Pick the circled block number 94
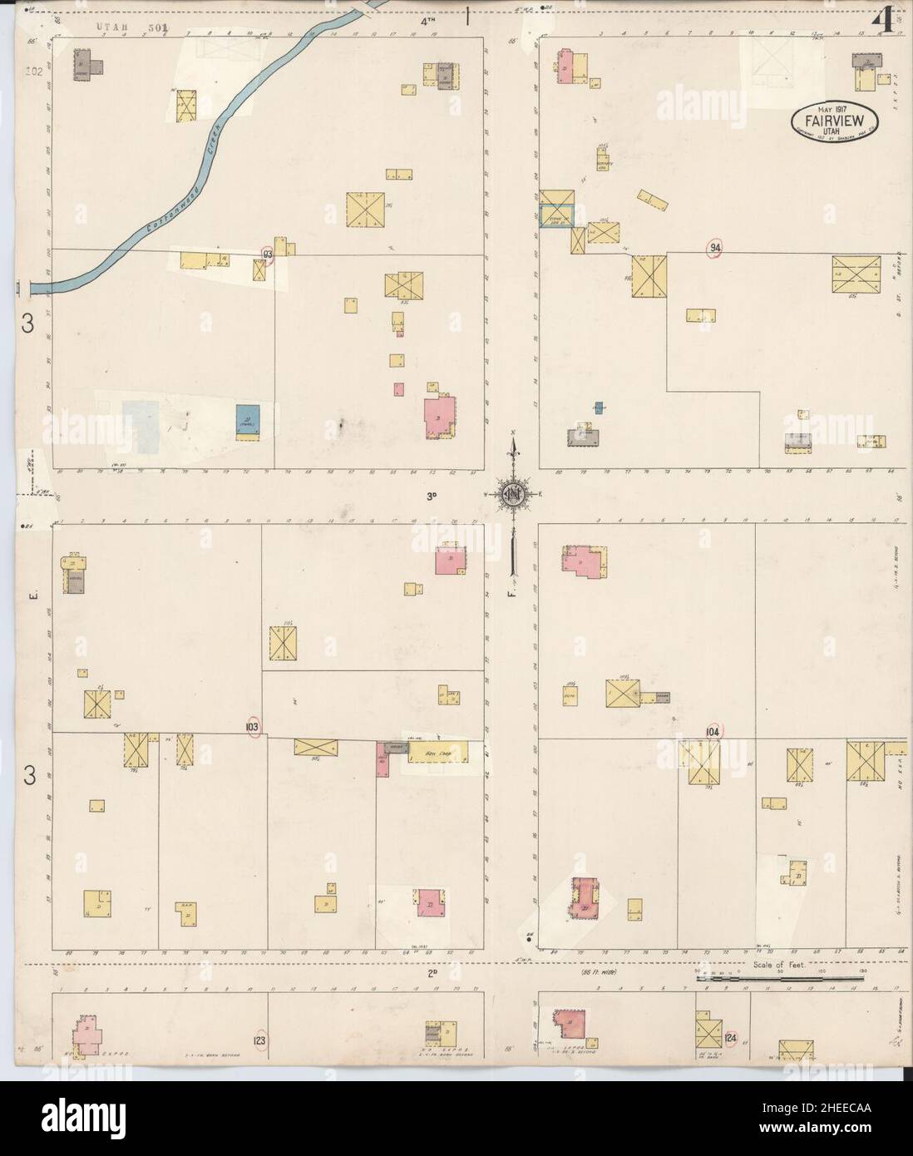tap(715, 247)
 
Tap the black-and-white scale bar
tap(779, 980)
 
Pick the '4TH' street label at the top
tap(428, 22)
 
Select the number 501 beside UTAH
tap(155, 27)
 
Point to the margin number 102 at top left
tap(33, 72)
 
